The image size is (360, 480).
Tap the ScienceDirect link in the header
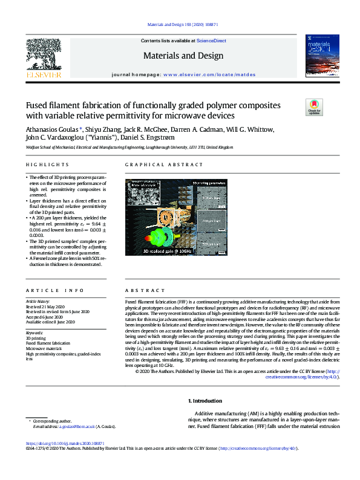(x=212, y=41)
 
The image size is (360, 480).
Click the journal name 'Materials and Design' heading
(x=183, y=56)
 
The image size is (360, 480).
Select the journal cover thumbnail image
(x=321, y=56)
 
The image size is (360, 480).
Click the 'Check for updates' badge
(x=315, y=108)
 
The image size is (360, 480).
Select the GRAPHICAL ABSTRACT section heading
(x=156, y=165)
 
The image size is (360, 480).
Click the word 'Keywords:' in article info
(x=34, y=332)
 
